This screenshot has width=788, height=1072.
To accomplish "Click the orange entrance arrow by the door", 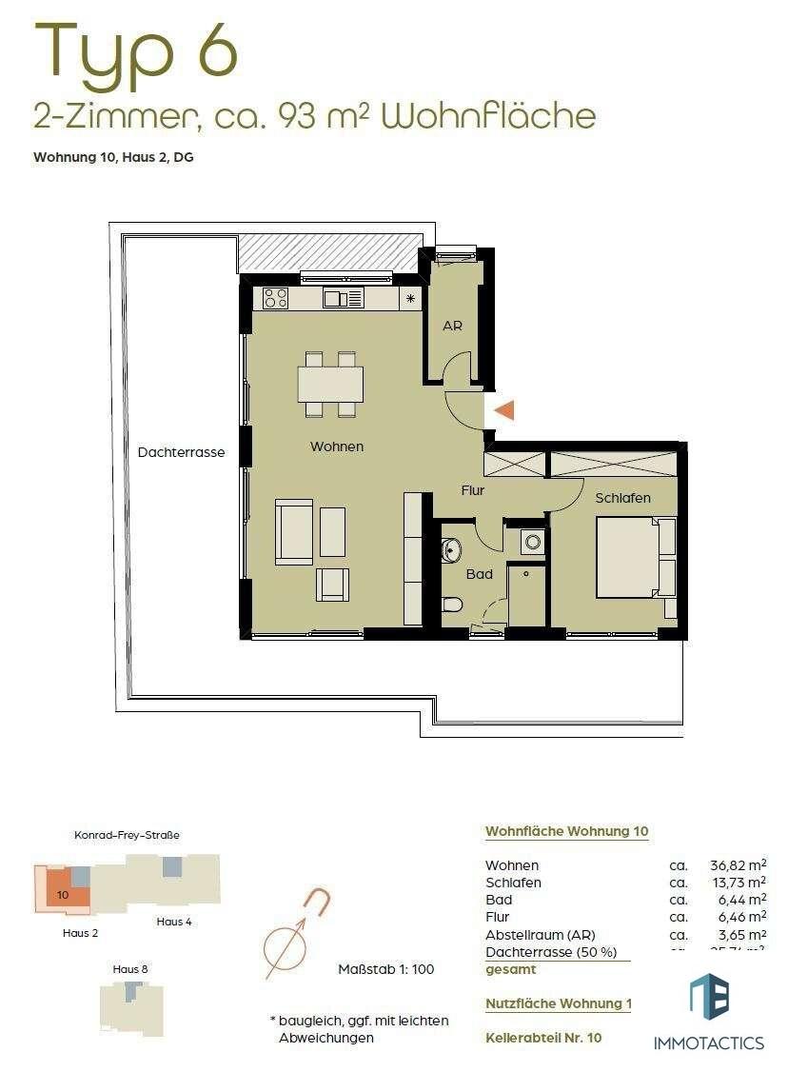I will coord(505,410).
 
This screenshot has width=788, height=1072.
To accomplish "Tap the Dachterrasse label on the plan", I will coord(181,452).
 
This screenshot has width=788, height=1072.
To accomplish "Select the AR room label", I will coord(453,326).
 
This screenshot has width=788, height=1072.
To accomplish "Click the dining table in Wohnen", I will coord(330,384).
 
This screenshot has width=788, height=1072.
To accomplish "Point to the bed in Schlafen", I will coord(628,557).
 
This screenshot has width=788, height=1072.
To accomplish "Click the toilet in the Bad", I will coord(452,604).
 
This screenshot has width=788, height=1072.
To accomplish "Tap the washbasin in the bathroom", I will coord(451,549).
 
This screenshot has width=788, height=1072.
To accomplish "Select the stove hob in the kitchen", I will coord(276,298).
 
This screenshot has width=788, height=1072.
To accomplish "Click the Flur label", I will coord(473,491).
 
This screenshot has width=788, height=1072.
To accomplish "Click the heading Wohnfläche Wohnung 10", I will coord(567,831).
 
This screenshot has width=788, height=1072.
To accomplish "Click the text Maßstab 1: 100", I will coord(386,969).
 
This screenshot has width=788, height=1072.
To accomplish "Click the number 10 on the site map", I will coord(63,895).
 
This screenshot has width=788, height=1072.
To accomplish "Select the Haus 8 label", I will coord(130,968).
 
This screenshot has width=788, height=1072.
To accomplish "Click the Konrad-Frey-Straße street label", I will coord(127,835).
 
